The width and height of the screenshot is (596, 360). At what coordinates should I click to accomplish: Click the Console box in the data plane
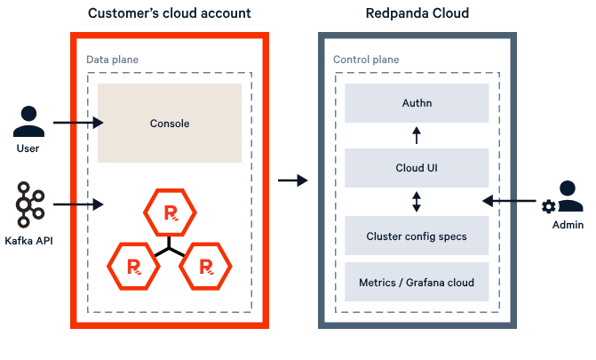tap(169, 124)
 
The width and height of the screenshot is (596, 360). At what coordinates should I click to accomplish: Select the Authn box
tap(416, 103)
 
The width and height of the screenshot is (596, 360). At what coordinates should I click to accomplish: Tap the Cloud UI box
tap(416, 167)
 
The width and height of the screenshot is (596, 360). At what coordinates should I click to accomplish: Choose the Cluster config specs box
tap(416, 236)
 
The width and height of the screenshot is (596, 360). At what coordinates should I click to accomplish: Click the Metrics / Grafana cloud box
tap(416, 283)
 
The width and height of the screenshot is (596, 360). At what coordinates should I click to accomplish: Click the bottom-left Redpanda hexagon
tap(131, 266)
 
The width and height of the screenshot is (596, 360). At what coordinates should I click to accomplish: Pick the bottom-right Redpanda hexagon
tap(206, 266)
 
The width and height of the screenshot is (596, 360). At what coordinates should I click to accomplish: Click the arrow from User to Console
tap(78, 124)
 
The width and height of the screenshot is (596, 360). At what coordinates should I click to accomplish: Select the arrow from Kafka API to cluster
tap(78, 205)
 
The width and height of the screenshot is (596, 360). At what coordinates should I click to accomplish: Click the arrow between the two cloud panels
tap(292, 180)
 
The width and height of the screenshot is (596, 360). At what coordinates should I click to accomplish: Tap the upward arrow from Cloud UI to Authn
tap(416, 135)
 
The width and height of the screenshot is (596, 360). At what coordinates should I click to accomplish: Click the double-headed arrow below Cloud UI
tap(416, 202)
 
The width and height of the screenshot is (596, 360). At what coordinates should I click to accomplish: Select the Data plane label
tap(112, 60)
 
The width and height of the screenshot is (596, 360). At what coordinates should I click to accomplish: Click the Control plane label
tap(365, 60)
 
